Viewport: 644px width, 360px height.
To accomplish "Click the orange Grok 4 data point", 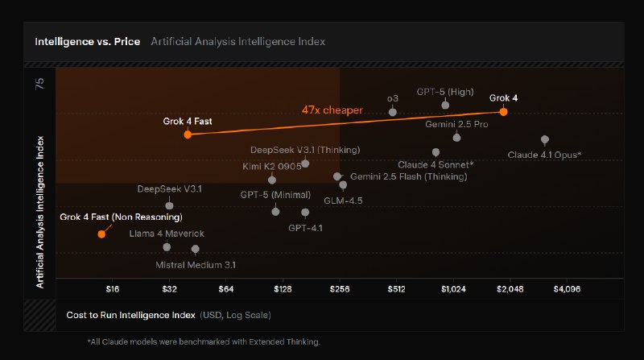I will tap(503, 112).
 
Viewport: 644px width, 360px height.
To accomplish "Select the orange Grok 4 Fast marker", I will tap(188, 134).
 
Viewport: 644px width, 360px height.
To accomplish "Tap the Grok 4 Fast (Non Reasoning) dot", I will tap(101, 234).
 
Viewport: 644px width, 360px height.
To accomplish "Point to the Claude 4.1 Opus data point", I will tap(545, 139).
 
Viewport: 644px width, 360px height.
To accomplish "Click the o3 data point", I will tap(392, 112).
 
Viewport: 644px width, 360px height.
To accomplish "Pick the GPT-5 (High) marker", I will tap(445, 105).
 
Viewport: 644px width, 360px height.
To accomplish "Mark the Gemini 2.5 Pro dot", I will tap(456, 138).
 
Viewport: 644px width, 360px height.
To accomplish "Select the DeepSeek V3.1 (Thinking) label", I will tap(305, 150).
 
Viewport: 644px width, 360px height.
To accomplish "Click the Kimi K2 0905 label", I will tap(271, 167).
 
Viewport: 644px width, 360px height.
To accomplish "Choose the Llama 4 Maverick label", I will tap(167, 234).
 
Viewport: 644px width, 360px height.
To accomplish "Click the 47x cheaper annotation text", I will tap(332, 110).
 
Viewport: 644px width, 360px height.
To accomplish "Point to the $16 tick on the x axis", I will tap(113, 288).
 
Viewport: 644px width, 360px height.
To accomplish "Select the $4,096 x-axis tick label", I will tap(567, 288).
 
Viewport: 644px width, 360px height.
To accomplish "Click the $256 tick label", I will tap(339, 288).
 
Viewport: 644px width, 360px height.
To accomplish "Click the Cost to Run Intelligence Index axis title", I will tap(130, 315).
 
